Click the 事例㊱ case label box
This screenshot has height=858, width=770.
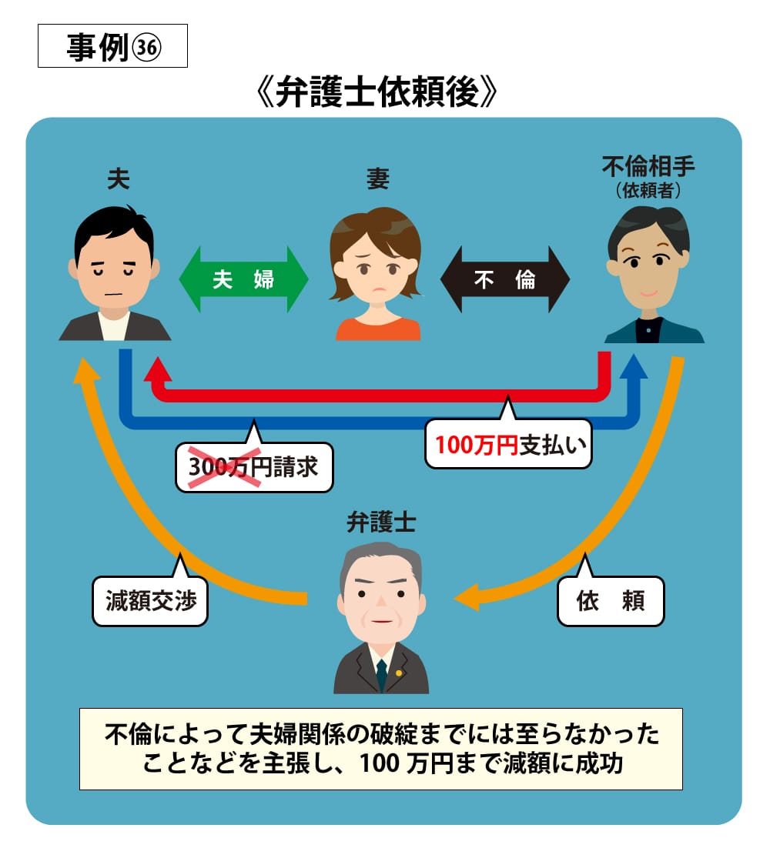pyautogui.click(x=112, y=45)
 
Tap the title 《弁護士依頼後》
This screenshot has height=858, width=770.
pyautogui.click(x=377, y=95)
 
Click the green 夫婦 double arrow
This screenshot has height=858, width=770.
pyautogui.click(x=243, y=279)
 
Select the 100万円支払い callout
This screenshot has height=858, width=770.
pyautogui.click(x=508, y=444)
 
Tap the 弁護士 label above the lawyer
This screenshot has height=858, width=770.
pyautogui.click(x=381, y=524)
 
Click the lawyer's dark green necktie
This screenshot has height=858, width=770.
pyautogui.click(x=381, y=674)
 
